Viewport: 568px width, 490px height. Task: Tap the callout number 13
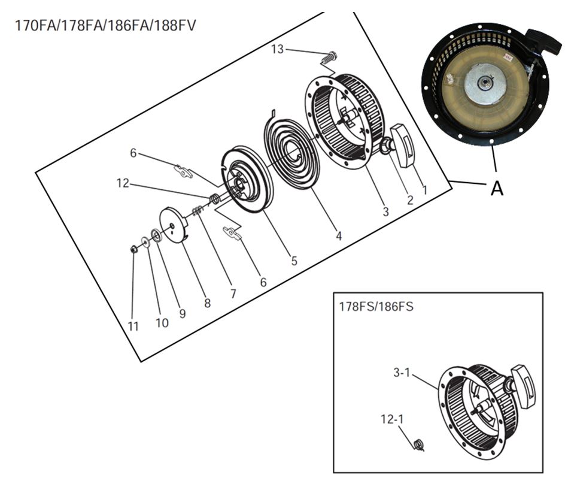277,49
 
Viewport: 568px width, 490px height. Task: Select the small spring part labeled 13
327,59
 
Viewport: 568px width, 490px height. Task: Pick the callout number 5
294,261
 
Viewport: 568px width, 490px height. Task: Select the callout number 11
133,326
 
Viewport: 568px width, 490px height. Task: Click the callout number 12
123,183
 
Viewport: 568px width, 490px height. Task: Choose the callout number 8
207,303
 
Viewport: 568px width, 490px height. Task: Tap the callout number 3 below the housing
385,211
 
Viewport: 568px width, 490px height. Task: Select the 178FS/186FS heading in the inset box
376,306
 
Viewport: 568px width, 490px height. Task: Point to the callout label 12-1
392,419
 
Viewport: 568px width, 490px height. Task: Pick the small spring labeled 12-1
419,444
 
